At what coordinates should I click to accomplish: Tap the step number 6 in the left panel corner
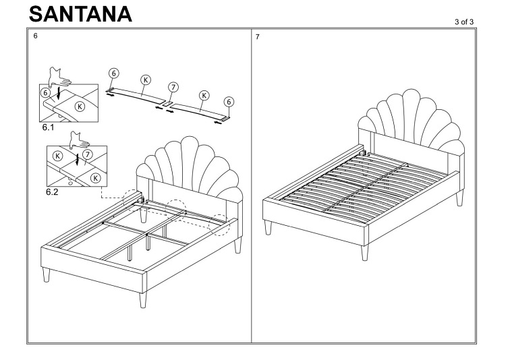35,38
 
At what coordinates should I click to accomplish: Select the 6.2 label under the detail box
51,191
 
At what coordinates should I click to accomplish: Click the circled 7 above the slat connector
173,89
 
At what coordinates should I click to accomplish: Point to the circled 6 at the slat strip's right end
229,101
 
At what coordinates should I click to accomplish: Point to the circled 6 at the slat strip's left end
115,76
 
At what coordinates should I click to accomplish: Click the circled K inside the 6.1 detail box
80,106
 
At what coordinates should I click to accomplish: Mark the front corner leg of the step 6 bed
142,297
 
